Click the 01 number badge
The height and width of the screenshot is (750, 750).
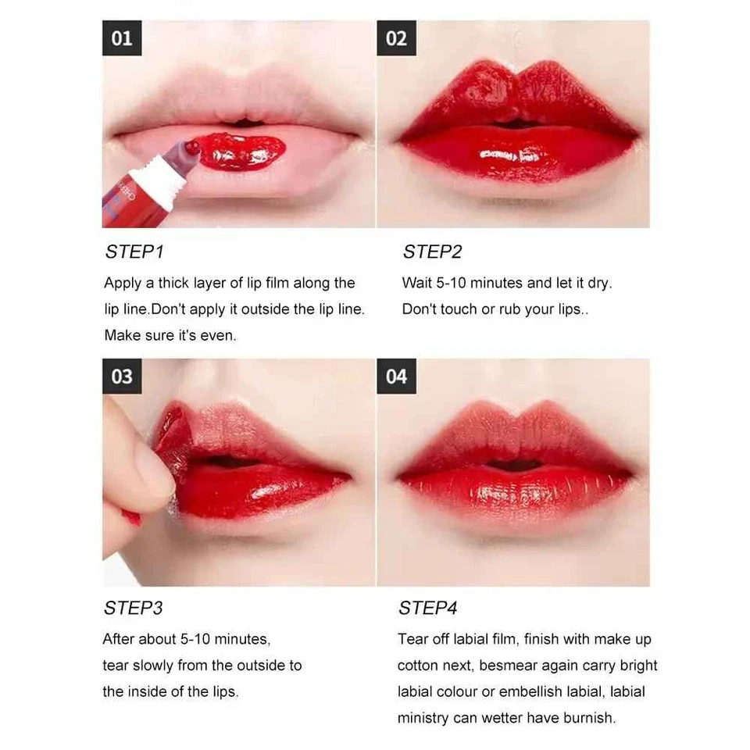(122, 38)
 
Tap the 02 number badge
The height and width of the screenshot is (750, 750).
(396, 38)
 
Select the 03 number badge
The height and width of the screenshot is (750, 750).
(122, 377)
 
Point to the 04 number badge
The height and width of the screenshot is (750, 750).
(396, 377)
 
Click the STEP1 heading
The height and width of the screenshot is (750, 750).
(134, 252)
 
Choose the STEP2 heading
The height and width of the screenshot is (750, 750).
(432, 252)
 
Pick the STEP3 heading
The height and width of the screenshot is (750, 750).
(134, 608)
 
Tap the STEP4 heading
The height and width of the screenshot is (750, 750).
(427, 608)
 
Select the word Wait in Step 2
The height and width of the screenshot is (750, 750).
(417, 283)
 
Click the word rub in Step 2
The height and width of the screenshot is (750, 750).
(505, 309)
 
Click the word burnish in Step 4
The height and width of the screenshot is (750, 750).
(587, 717)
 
